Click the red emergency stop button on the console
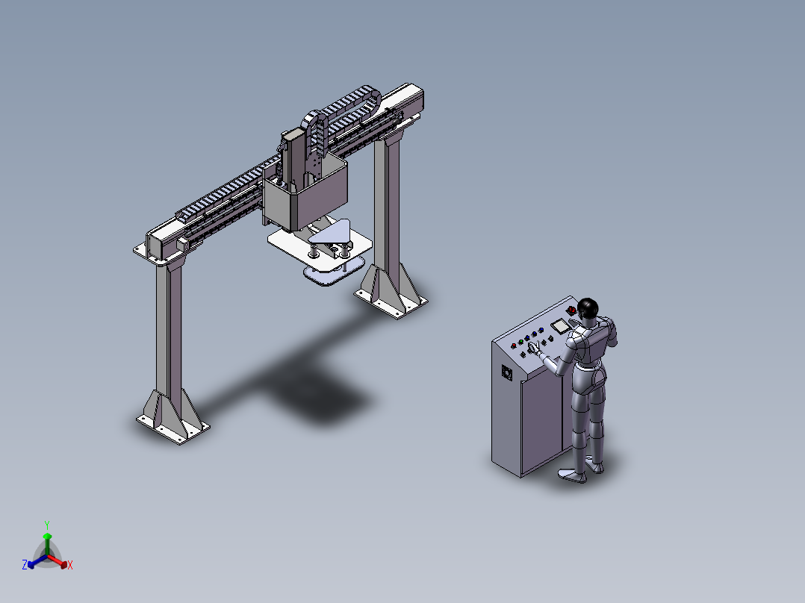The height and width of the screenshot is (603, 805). [571, 310]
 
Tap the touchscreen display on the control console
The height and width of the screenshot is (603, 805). [559, 326]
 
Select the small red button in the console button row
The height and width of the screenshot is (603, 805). [514, 346]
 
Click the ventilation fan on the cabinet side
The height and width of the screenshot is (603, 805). [507, 372]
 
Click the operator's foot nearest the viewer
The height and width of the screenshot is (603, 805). [573, 475]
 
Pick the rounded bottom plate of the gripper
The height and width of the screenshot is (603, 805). [334, 271]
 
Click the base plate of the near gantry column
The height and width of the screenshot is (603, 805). [173, 425]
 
